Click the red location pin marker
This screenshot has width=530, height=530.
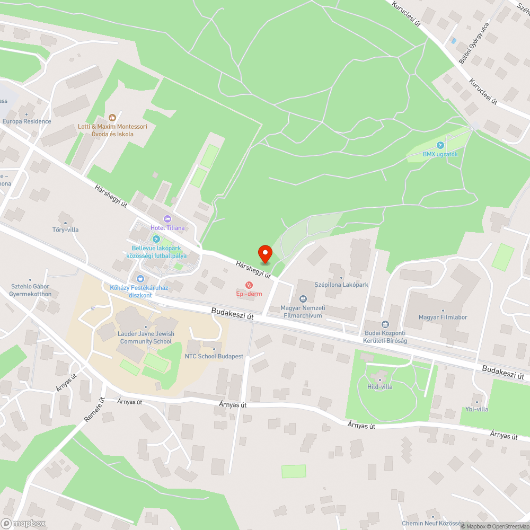265,254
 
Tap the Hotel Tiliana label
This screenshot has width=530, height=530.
168,227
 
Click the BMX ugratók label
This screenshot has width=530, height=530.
440,154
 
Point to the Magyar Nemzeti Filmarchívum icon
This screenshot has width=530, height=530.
303,299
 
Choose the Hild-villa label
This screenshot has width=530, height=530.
380,386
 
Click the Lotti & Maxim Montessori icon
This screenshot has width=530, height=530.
112,118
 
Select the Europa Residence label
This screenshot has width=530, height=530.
26,121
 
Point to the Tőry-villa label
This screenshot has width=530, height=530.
65,229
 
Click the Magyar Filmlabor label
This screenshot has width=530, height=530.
443,317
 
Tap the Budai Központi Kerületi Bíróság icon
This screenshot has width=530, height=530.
385,324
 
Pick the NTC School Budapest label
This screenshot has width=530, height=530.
214,356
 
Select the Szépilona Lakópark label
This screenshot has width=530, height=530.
341,285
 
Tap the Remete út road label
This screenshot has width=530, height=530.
94,410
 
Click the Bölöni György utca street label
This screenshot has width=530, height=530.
474,43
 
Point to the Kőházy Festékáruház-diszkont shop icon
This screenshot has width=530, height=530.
140,279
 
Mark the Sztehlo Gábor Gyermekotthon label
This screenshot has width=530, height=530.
31,290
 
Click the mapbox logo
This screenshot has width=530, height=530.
23,523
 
